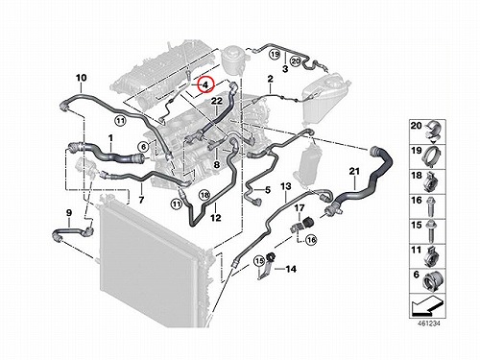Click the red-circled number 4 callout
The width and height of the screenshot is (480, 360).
(x=205, y=84)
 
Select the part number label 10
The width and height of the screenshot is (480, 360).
(x=82, y=78)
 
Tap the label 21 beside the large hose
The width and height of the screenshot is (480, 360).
(x=354, y=171)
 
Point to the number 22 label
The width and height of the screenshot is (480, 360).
(x=217, y=101)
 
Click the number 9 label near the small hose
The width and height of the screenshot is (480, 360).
(x=69, y=213)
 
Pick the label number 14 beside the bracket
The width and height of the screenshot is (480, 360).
(x=291, y=269)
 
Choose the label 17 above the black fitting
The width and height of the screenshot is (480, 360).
(x=300, y=208)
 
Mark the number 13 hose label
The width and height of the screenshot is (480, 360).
(x=286, y=185)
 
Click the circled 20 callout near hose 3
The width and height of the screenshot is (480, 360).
(x=295, y=60)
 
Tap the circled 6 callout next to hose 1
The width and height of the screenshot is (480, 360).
(x=143, y=147)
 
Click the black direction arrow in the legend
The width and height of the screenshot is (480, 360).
(x=427, y=306)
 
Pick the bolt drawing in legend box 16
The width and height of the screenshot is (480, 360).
(x=430, y=205)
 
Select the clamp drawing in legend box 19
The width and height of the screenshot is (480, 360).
(x=432, y=155)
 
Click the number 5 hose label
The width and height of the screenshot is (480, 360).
(x=268, y=190)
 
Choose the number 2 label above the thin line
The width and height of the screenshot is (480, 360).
(x=271, y=79)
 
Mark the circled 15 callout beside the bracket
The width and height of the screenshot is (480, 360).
(x=258, y=261)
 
